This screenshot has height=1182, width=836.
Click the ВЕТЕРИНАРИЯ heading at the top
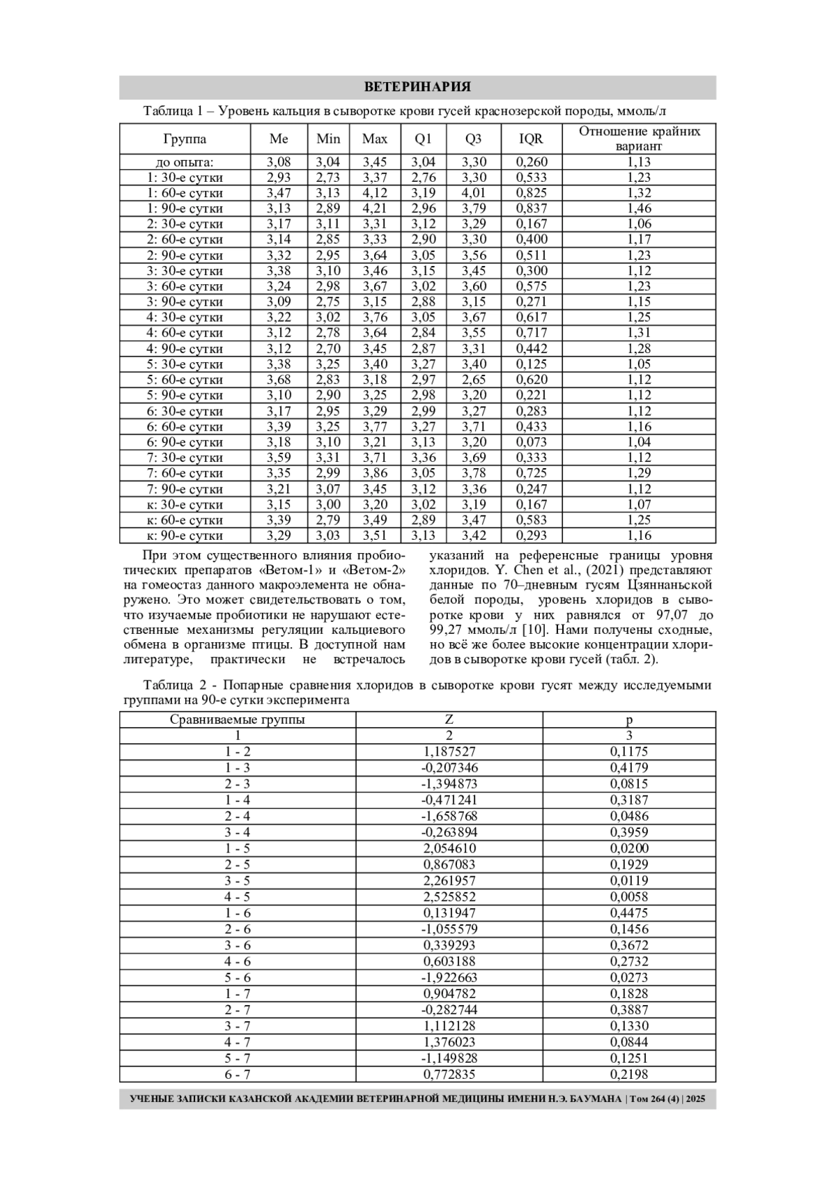pyautogui.click(x=417, y=87)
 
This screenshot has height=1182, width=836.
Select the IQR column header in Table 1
pyautogui.click(x=531, y=139)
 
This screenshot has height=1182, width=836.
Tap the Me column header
pyautogui.click(x=279, y=139)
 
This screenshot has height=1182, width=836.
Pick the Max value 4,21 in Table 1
pyautogui.click(x=375, y=208)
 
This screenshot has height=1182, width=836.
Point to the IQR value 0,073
pyautogui.click(x=531, y=442)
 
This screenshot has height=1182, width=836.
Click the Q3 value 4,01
pyautogui.click(x=474, y=193)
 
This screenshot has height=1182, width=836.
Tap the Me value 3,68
pyautogui.click(x=279, y=380)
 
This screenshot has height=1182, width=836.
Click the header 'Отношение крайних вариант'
pyautogui.click(x=639, y=139)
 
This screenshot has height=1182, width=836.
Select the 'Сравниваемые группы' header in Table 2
pyautogui.click(x=237, y=720)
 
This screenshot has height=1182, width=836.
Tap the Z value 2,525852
pyautogui.click(x=449, y=896)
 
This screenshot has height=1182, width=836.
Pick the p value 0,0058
pyautogui.click(x=629, y=896)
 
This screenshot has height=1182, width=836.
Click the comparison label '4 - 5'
pyautogui.click(x=237, y=896)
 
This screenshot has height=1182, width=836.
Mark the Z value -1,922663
pyautogui.click(x=449, y=977)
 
